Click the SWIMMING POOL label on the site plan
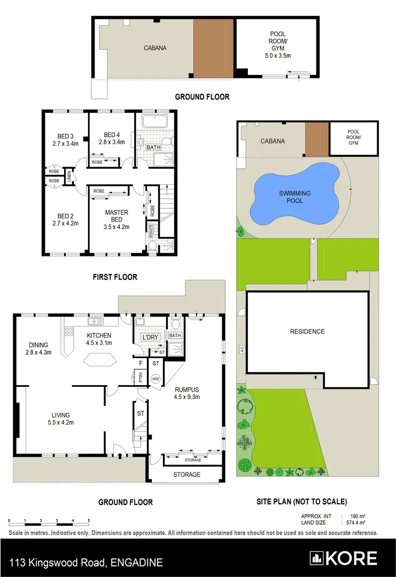(294, 197)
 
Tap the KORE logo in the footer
(344, 558)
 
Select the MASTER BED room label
(117, 216)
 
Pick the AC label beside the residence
(242, 349)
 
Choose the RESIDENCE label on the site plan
(307, 332)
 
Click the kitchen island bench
(100, 360)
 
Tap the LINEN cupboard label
(69, 177)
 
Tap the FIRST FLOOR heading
(115, 277)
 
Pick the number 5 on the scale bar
(89, 520)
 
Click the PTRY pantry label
(140, 378)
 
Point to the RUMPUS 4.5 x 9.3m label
(186, 393)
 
